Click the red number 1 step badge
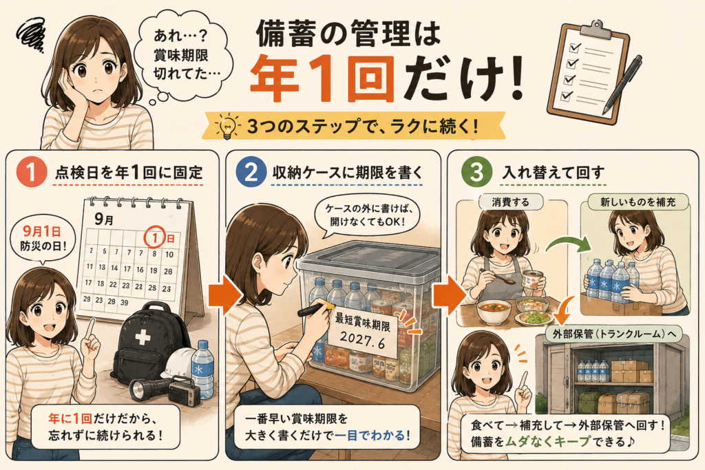pyautogui.click(x=32, y=172)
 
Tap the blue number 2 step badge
pyautogui.click(x=251, y=172)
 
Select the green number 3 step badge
pyautogui.click(x=476, y=172)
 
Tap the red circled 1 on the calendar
pyautogui.click(x=155, y=237)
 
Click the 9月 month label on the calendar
pyautogui.click(x=104, y=220)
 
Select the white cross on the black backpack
pyautogui.click(x=143, y=337)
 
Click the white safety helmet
pyautogui.click(x=179, y=364)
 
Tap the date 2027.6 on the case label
pyautogui.click(x=362, y=341)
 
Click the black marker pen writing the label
pyautogui.click(x=315, y=309)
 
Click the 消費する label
pyautogui.click(x=510, y=202)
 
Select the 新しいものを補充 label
pyautogui.click(x=638, y=202)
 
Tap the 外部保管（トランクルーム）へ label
pyautogui.click(x=613, y=334)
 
